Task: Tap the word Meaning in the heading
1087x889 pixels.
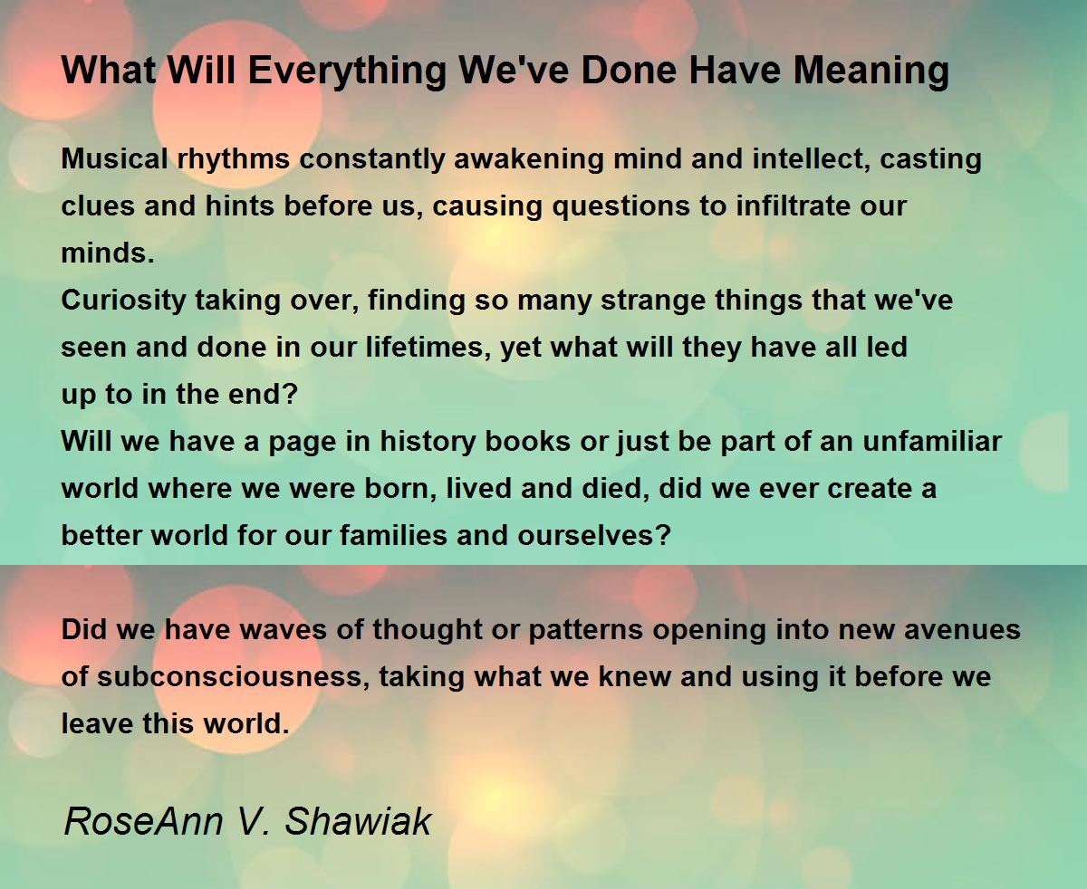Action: pyautogui.click(x=871, y=72)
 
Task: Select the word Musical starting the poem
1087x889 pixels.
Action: pyautogui.click(x=114, y=158)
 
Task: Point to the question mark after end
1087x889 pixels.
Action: pyautogui.click(x=291, y=395)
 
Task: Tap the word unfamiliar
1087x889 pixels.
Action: pyautogui.click(x=932, y=442)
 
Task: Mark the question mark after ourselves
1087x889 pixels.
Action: pyautogui.click(x=664, y=536)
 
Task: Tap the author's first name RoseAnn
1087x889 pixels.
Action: pyautogui.click(x=143, y=821)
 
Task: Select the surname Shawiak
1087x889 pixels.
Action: pyautogui.click(x=357, y=821)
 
